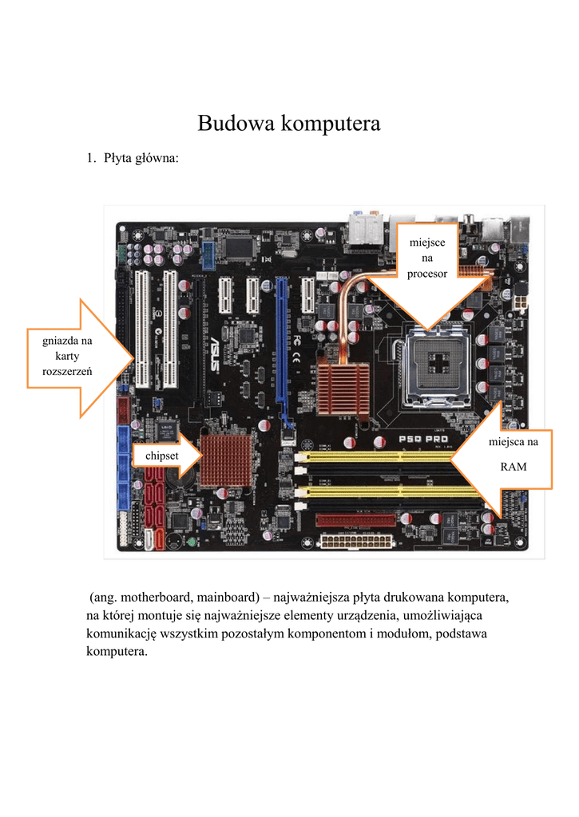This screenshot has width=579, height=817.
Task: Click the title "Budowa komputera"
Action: (289, 124)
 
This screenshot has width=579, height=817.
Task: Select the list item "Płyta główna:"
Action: (141, 158)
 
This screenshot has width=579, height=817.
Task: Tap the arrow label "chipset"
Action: (161, 456)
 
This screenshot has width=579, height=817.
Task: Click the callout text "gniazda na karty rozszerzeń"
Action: (67, 356)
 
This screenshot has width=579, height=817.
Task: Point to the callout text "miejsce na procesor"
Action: (427, 258)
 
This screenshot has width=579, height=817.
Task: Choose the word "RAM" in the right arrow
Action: (514, 467)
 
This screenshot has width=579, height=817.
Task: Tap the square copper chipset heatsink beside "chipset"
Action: (226, 460)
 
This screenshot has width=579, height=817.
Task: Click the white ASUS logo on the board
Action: (214, 353)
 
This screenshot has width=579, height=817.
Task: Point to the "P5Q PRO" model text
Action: (423, 440)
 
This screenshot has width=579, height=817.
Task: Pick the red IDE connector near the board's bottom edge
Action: (355, 520)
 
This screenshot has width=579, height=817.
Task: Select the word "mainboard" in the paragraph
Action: (228, 597)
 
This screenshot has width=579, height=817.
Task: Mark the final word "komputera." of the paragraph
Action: (117, 652)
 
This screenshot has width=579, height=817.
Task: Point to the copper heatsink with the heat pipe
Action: (343, 389)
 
